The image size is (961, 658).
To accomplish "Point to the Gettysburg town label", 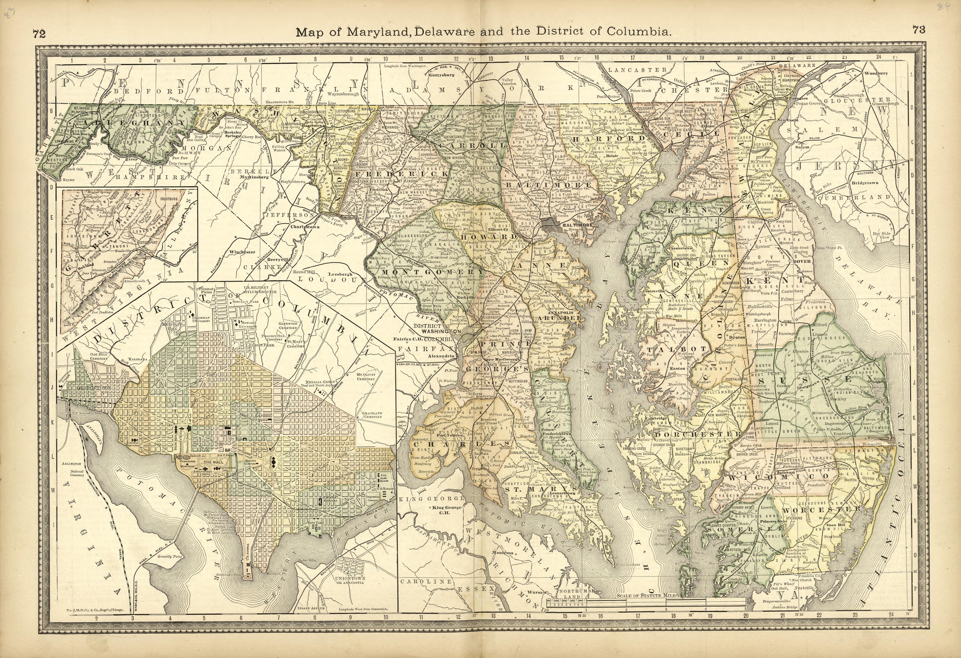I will coord(441,75).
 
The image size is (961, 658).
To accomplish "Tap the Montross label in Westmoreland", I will coord(503,552).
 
